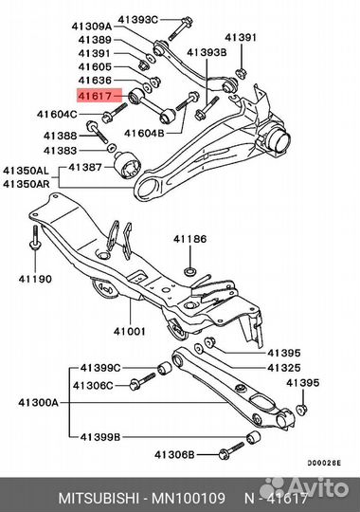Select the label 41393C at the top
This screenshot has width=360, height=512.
click(x=137, y=20)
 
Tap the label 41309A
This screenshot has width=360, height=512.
click(x=92, y=27)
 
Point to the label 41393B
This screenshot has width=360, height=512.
click(x=207, y=52)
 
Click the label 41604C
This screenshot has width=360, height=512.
click(x=57, y=115)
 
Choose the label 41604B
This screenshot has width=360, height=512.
click(x=144, y=134)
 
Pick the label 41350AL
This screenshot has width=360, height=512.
click(x=26, y=171)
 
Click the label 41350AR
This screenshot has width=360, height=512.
click(x=27, y=184)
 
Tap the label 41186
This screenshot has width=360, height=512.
click(x=190, y=239)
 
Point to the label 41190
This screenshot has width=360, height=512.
click(x=35, y=279)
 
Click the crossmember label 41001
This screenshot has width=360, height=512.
click(x=129, y=332)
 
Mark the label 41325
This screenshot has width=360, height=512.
click(x=284, y=368)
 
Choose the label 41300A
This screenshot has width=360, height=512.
click(x=38, y=403)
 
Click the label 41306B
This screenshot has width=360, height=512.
click(x=174, y=454)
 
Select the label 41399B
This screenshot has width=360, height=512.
click(x=100, y=436)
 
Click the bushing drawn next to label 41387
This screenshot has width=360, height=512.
click(x=127, y=165)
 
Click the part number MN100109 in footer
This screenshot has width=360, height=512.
click(x=189, y=499)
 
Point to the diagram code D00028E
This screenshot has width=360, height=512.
click(x=324, y=463)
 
